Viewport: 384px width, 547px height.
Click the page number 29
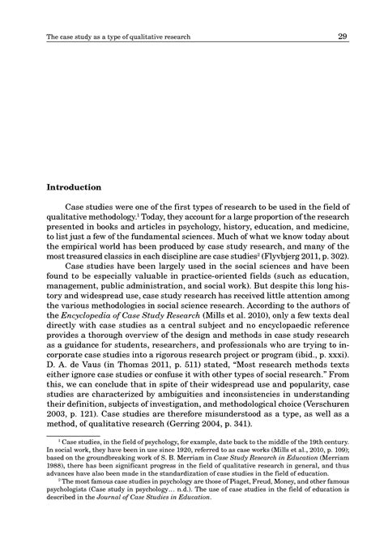(x=343, y=36)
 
